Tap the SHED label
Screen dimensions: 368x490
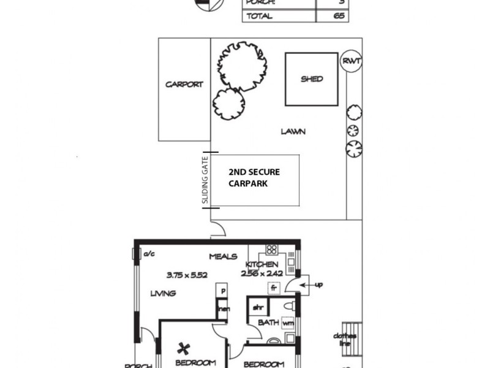[x=312, y=79]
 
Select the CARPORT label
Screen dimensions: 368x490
[x=184, y=85]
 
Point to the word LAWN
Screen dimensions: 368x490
[x=293, y=131]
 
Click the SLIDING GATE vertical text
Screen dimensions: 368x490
[x=206, y=180]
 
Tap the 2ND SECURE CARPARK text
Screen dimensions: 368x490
[x=254, y=178]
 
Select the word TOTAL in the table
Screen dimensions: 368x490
[x=259, y=17]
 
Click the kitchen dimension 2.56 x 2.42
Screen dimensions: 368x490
[x=262, y=273]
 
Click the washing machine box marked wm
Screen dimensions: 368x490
[x=288, y=322]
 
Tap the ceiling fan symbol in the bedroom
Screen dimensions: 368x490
[x=183, y=349]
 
